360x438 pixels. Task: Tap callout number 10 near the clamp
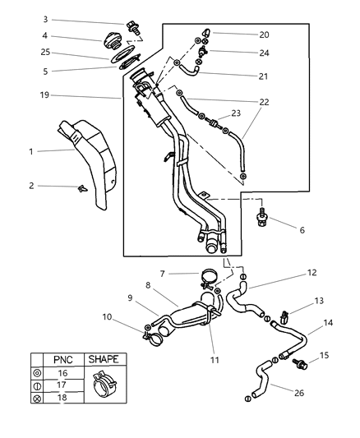click(x=108, y=316)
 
